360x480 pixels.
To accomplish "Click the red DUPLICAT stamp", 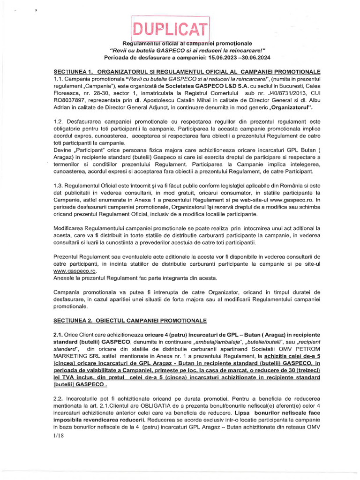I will click(170, 30).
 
